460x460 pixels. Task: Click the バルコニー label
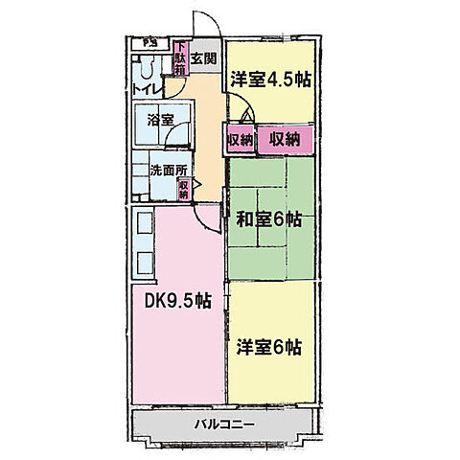[222, 423]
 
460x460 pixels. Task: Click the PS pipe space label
[149, 43]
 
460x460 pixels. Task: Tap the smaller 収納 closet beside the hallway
[240, 140]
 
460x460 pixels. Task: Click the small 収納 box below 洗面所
[183, 190]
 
